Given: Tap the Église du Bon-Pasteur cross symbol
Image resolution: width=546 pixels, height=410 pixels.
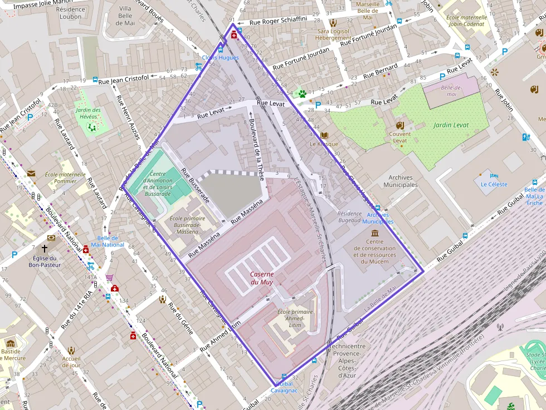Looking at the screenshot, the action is click(x=43, y=249).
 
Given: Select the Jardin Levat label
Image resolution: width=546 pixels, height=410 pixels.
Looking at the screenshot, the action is click(x=451, y=125).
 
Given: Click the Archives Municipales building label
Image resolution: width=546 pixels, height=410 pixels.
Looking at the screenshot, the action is click(x=401, y=181).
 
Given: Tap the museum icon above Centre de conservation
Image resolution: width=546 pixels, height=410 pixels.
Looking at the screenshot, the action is click(x=374, y=233).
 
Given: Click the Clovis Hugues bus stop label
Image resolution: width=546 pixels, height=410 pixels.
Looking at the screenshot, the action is click(x=220, y=57).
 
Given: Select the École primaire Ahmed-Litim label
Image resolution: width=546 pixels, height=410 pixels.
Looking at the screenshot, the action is click(x=295, y=315).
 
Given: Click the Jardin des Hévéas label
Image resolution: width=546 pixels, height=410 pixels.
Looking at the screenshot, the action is click(x=89, y=113).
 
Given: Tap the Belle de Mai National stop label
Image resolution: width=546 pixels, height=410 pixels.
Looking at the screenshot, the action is click(x=108, y=241).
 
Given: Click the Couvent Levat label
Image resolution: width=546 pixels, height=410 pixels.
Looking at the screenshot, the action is click(x=400, y=137).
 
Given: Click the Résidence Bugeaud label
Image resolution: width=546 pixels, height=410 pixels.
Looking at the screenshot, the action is click(x=349, y=217).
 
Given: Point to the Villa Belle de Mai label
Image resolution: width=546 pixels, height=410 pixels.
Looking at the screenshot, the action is click(x=125, y=16).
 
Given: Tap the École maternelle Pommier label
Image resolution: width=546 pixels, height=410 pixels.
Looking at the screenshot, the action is click(x=66, y=177).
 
